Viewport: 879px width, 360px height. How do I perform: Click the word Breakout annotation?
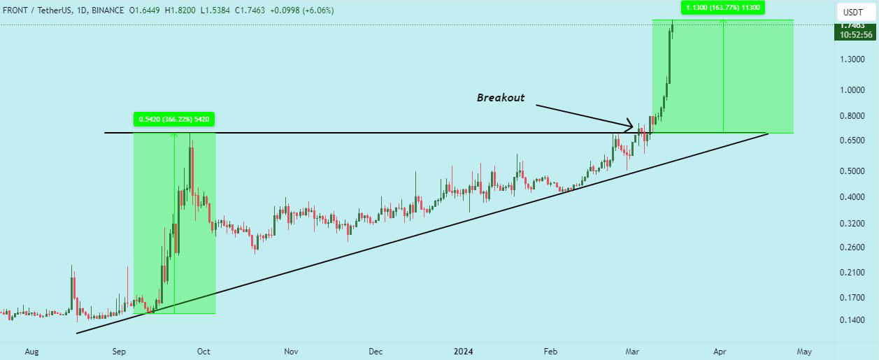tap(500, 98)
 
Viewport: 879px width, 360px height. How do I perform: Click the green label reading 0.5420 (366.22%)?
tap(174, 120)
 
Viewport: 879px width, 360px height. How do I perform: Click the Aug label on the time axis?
tap(31, 351)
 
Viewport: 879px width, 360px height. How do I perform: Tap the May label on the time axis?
tap(804, 351)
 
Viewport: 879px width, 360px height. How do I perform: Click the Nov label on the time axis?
tap(292, 351)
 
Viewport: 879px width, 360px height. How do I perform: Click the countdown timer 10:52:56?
tap(857, 34)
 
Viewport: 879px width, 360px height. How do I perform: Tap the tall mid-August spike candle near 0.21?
tap(72, 287)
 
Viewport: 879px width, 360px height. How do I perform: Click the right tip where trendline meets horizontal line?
tap(768, 133)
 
